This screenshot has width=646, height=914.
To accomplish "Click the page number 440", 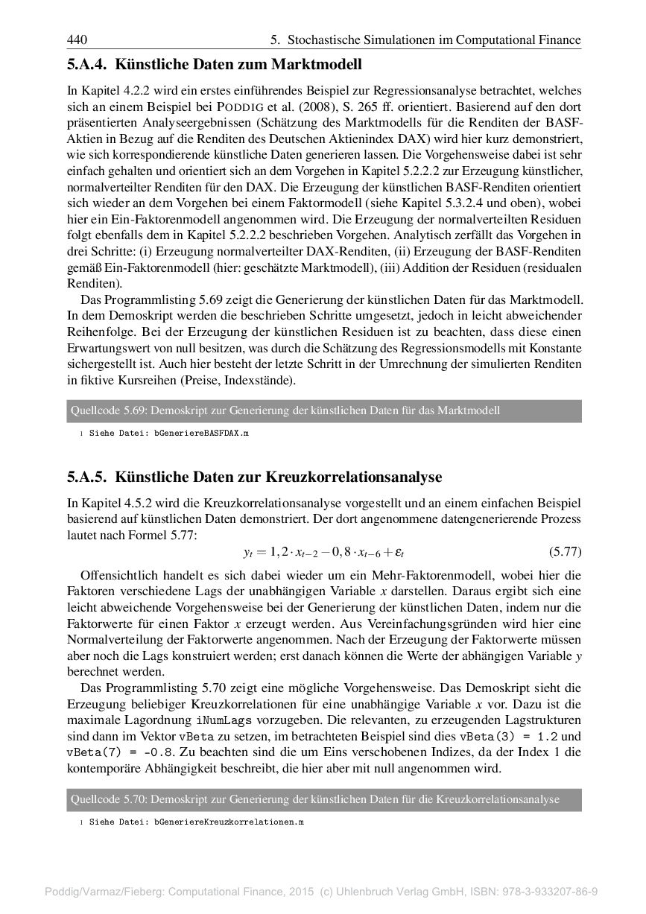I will click(77, 39).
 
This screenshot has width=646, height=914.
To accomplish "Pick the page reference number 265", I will click(364, 107).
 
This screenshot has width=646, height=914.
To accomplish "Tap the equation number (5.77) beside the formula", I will click(565, 553).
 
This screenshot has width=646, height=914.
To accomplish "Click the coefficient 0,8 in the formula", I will click(353, 553).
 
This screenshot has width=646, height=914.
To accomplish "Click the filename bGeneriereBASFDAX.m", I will click(200, 433).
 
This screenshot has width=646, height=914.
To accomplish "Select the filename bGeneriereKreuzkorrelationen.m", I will click(229, 822).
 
